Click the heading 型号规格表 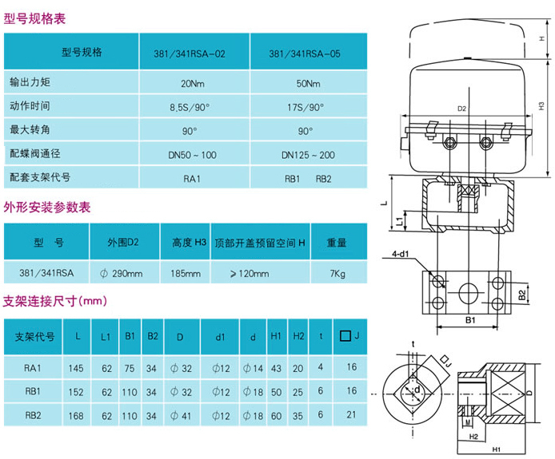35,15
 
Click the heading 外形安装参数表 47,208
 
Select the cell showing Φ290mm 122,274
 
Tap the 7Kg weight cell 337,274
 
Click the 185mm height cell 186,274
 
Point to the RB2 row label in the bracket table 33,414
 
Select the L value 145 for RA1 77,367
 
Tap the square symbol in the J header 345,336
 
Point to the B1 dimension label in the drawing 471,321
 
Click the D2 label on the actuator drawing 462,109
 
